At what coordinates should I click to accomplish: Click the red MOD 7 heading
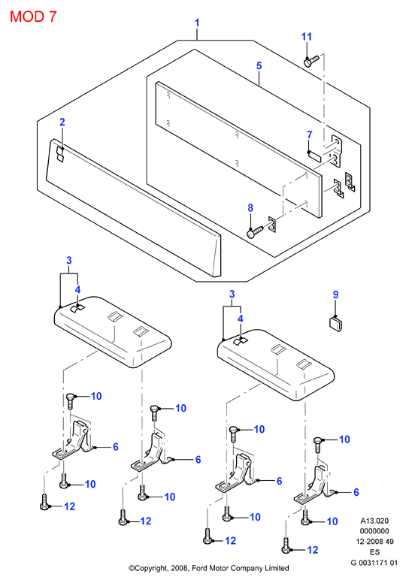(x=33, y=17)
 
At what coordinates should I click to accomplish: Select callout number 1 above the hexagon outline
(x=197, y=23)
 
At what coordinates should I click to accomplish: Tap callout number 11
(x=306, y=36)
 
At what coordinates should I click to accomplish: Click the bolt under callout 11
(x=311, y=62)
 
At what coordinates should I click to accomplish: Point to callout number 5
(x=259, y=66)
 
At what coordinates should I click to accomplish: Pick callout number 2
(x=62, y=122)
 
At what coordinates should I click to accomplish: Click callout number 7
(x=309, y=134)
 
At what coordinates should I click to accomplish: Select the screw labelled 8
(x=256, y=232)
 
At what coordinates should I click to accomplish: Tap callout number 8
(x=250, y=208)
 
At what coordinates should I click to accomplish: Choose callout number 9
(x=335, y=295)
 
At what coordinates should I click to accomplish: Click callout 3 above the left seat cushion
(x=69, y=260)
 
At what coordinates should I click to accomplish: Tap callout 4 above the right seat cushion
(x=241, y=319)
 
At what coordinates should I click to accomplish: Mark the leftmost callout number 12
(x=70, y=506)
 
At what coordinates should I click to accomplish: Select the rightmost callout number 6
(x=356, y=492)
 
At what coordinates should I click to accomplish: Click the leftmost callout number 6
(x=115, y=446)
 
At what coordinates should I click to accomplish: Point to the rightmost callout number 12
(x=313, y=550)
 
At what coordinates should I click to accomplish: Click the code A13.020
(x=374, y=521)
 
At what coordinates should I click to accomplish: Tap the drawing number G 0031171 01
(x=374, y=563)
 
